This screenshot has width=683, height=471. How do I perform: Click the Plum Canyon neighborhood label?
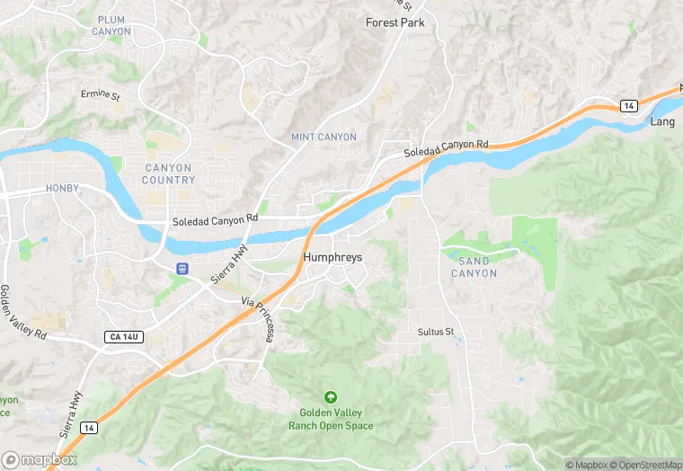click(x=111, y=25)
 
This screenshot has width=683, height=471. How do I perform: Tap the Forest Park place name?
click(x=395, y=22)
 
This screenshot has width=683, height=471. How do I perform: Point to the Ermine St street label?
click(x=100, y=94)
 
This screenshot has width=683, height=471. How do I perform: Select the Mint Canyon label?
click(x=324, y=137)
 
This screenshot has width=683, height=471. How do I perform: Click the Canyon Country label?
click(x=168, y=173)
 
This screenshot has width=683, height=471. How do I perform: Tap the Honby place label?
click(x=62, y=189)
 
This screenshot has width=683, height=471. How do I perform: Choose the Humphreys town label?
click(x=333, y=257)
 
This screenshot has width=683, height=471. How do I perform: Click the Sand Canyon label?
click(x=473, y=267)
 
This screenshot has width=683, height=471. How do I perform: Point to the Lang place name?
click(x=662, y=121)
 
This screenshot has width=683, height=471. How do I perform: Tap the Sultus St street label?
click(x=437, y=332)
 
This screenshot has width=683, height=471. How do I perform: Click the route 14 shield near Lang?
click(x=629, y=106)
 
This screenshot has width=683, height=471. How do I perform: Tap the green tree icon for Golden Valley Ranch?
click(x=331, y=397)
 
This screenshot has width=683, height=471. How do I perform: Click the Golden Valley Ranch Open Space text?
click(x=331, y=419)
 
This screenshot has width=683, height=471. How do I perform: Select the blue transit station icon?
click(x=182, y=268)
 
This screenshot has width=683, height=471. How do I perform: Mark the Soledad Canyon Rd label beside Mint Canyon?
click(x=446, y=148)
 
